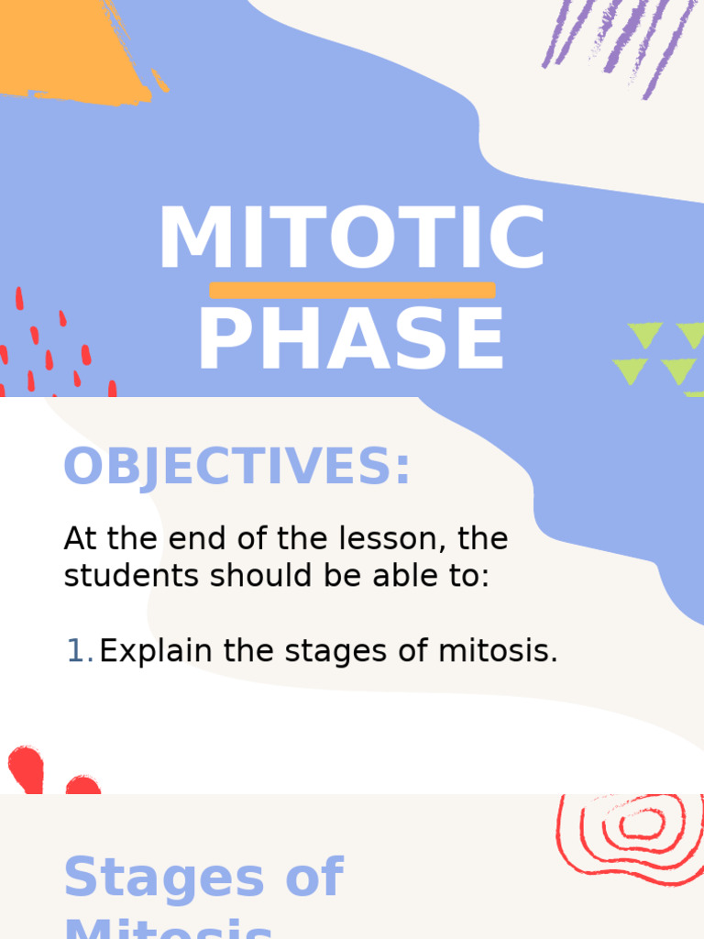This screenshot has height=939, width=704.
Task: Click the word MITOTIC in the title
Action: coord(352,238)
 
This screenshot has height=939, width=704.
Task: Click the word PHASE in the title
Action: coord(352,339)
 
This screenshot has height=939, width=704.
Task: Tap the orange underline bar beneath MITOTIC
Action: coord(352,290)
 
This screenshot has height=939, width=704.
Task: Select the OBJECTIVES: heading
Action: coord(236,468)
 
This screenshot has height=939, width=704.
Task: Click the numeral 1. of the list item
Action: coord(80,651)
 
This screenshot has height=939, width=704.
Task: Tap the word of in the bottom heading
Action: coord(314,878)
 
